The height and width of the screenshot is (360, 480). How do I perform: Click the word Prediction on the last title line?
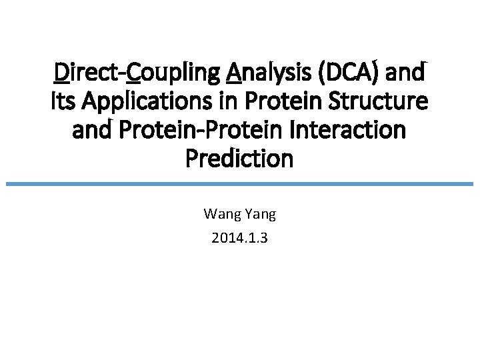[239, 159]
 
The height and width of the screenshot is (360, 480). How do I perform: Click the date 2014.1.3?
[239, 237]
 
